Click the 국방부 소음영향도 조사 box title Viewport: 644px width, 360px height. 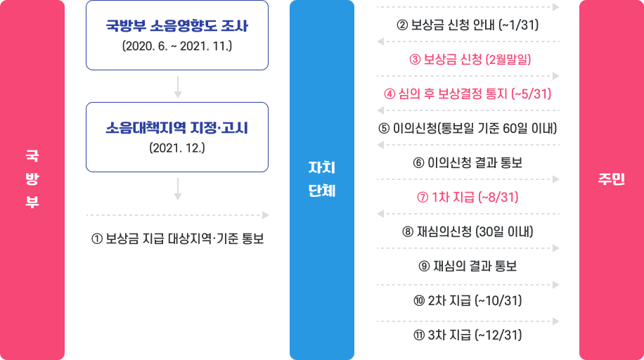coord(177,27)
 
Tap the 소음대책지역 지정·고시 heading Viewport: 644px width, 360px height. coord(177,129)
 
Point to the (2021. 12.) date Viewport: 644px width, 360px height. coord(177,148)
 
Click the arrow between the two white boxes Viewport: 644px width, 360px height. coord(177,86)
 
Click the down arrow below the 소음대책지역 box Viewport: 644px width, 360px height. coord(177,188)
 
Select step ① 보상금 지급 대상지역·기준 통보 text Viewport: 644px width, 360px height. coord(177,238)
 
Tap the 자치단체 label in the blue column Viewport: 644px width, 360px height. coord(322,179)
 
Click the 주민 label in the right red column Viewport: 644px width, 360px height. coord(611,179)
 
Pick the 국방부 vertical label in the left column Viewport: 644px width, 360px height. coord(32,179)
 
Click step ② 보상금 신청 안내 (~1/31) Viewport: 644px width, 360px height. coord(468,25)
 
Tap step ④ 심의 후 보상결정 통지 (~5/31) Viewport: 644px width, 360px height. coord(468,94)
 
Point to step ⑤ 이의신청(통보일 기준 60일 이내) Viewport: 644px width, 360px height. coord(468,129)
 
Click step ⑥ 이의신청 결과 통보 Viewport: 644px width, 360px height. coord(468,163)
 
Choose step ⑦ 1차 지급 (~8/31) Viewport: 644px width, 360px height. coord(468,197)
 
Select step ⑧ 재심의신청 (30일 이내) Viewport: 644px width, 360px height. coord(468,231)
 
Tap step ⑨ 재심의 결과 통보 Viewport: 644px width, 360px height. coord(468,266)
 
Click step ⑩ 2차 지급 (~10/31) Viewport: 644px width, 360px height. coord(468,300)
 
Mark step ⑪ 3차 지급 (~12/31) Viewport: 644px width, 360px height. coord(468,335)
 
